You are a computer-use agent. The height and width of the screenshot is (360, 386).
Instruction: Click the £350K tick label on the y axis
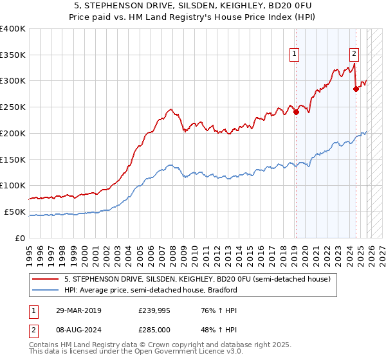pyautogui.click(x=13, y=55)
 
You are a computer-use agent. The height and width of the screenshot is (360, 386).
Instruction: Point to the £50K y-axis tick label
pyautogui.click(x=15, y=212)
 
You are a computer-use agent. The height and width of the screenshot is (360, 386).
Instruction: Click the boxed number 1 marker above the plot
pyautogui.click(x=295, y=55)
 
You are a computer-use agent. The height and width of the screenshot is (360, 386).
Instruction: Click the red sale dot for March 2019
pyautogui.click(x=296, y=112)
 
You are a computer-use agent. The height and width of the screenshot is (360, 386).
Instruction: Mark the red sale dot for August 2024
pyautogui.click(x=356, y=89)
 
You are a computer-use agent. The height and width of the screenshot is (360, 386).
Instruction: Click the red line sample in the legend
pyautogui.click(x=46, y=279)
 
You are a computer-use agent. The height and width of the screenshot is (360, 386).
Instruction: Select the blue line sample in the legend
pyautogui.click(x=46, y=290)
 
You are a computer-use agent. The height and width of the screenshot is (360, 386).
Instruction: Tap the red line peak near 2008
pyautogui.click(x=169, y=109)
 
